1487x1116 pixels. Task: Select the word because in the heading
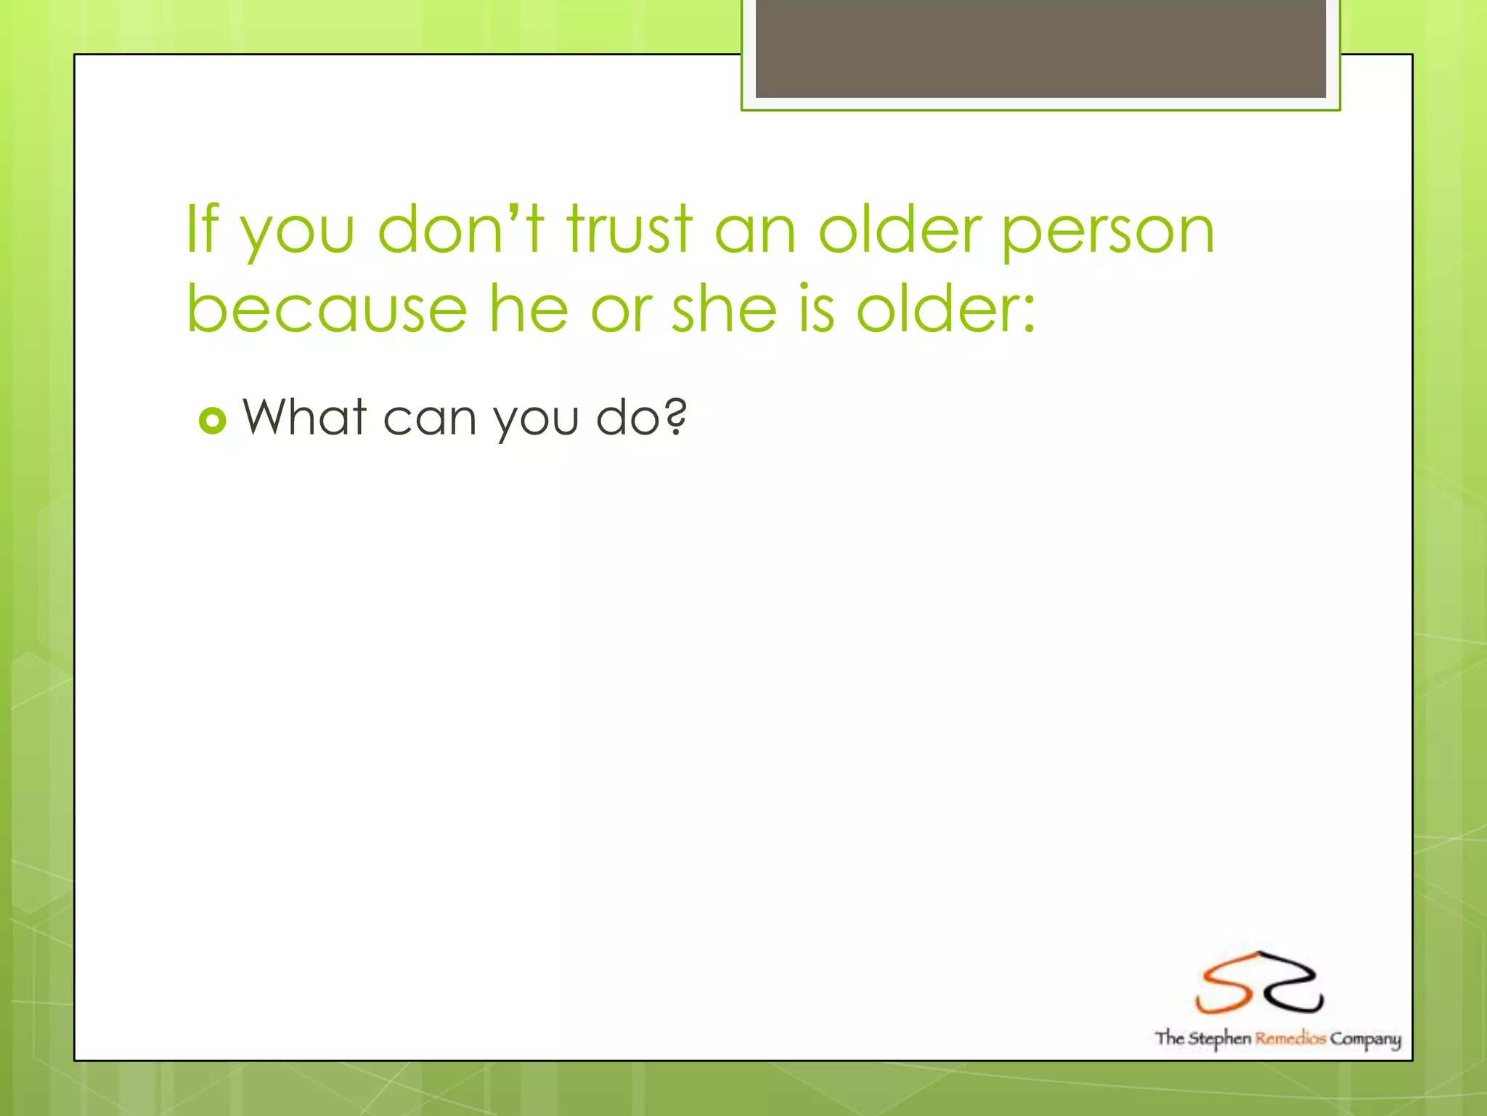(327, 309)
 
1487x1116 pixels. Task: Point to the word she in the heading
(724, 309)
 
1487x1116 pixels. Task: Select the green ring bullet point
(213, 420)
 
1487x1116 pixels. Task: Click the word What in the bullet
(305, 417)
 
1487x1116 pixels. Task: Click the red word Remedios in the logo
(1290, 1038)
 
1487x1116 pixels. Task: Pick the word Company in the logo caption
(1365, 1040)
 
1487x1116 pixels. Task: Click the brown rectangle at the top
(1040, 48)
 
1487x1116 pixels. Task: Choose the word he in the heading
(527, 309)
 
